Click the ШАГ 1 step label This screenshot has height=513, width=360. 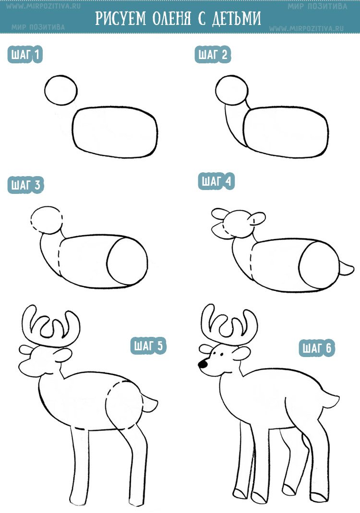[x=25, y=54]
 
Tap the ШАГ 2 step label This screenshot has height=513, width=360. [x=213, y=54]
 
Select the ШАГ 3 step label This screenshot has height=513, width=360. [x=25, y=185]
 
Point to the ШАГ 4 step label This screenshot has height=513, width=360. [x=216, y=181]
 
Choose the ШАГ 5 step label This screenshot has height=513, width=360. [x=149, y=346]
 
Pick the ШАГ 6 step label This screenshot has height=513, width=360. [x=317, y=348]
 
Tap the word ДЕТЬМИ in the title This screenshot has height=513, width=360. [x=236, y=19]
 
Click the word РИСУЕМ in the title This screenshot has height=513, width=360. [x=121, y=19]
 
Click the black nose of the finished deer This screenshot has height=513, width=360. [x=203, y=363]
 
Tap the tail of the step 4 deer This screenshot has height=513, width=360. [x=346, y=269]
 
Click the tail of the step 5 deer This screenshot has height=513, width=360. [x=150, y=403]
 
